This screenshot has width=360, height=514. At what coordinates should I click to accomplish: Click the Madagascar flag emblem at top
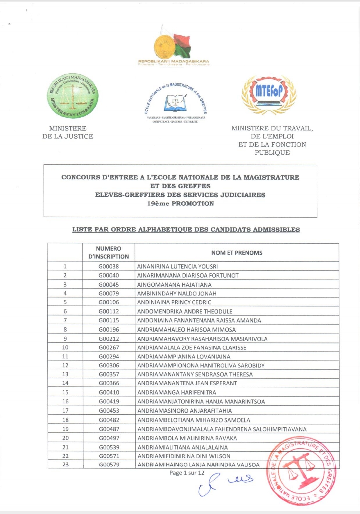[x=173, y=45]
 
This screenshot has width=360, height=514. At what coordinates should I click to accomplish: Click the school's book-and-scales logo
[x=175, y=102]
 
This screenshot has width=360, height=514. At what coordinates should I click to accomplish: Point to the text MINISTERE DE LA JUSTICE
[x=68, y=132]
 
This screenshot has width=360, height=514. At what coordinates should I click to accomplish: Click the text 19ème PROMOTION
[x=180, y=203]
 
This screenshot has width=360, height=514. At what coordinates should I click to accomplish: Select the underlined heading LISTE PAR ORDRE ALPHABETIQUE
[x=186, y=230]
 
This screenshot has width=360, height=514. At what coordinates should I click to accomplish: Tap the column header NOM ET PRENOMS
[x=237, y=253]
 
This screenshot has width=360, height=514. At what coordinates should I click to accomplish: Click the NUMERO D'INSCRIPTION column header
[x=108, y=253]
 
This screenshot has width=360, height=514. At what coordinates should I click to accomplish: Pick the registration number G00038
[x=108, y=266]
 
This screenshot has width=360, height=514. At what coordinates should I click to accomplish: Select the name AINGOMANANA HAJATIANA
[x=174, y=285]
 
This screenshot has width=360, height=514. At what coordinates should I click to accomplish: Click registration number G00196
[x=109, y=329]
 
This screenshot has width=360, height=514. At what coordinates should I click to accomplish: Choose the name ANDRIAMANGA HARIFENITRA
[x=177, y=392]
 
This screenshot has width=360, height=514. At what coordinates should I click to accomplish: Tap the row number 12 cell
[x=65, y=365]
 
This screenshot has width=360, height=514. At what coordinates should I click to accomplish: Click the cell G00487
[x=109, y=429]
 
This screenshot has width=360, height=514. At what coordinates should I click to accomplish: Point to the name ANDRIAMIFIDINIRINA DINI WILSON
[x=184, y=456]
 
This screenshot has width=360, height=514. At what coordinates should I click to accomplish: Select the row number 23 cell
[x=65, y=464]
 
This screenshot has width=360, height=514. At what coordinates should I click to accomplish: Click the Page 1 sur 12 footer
[x=187, y=473]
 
